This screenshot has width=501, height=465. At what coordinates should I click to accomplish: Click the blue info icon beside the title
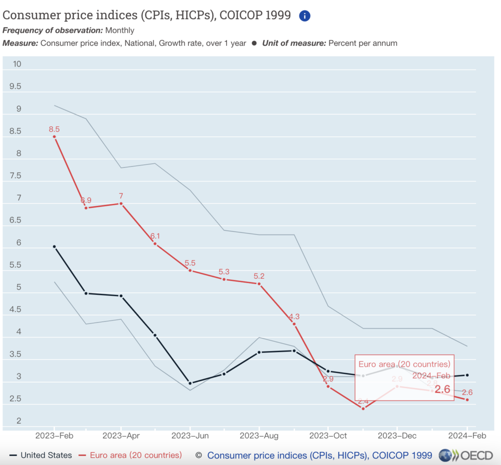(304, 16)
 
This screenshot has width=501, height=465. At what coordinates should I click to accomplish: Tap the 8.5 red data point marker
(54, 137)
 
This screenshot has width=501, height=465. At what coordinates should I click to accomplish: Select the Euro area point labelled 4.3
(294, 324)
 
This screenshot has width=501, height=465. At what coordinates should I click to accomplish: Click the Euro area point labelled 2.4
(363, 408)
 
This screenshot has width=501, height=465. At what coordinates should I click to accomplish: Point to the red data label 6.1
(155, 236)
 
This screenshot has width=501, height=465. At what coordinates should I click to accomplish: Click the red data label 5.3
(224, 271)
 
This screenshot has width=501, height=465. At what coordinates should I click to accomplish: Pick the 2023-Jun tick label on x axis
(189, 435)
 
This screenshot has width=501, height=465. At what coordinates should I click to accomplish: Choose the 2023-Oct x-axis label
(328, 435)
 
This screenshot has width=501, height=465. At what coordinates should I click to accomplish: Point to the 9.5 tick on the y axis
(16, 87)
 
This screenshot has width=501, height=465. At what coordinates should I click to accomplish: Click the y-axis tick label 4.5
(16, 310)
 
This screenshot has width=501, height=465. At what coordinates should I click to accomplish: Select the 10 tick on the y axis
(17, 64)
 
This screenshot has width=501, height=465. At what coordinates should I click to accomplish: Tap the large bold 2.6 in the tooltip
(442, 389)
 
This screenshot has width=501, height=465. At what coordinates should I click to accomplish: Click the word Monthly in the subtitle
(120, 30)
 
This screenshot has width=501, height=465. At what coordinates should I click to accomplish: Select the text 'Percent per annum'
(363, 43)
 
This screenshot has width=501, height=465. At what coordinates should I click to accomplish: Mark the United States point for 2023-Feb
(54, 246)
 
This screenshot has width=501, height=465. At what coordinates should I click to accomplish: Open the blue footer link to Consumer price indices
(319, 455)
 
